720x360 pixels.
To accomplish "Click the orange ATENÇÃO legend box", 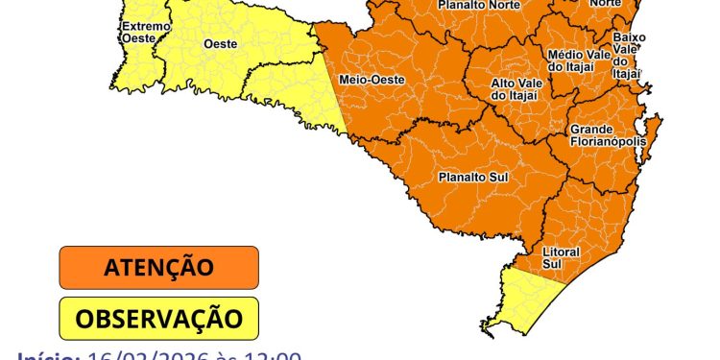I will tap(159, 267).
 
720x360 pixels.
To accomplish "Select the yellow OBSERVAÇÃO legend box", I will tap(159, 317).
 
